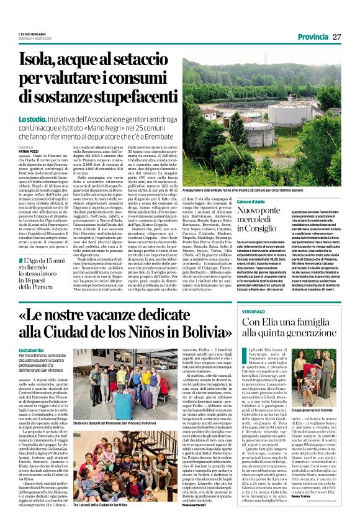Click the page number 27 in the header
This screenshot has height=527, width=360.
[336, 37]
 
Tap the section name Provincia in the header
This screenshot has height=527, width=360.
[312, 37]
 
